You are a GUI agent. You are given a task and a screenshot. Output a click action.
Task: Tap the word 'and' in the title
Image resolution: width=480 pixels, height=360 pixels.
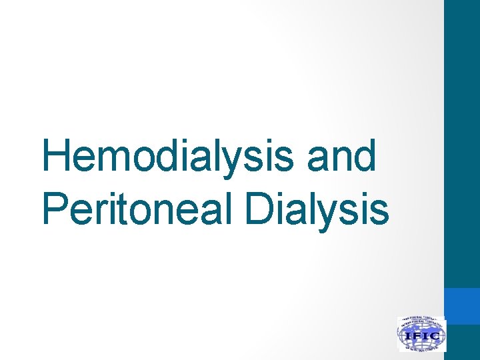pos(341,157)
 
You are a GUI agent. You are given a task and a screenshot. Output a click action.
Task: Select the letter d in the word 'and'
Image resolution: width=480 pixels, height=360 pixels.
pos(363,157)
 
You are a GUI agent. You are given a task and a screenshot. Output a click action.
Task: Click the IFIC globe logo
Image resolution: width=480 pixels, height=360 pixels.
pos(421,334)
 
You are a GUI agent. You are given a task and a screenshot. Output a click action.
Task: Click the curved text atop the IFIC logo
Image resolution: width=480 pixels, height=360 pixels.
pos(421,321)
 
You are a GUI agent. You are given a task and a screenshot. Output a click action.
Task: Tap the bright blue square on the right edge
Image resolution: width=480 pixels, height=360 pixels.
pos(462,306)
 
